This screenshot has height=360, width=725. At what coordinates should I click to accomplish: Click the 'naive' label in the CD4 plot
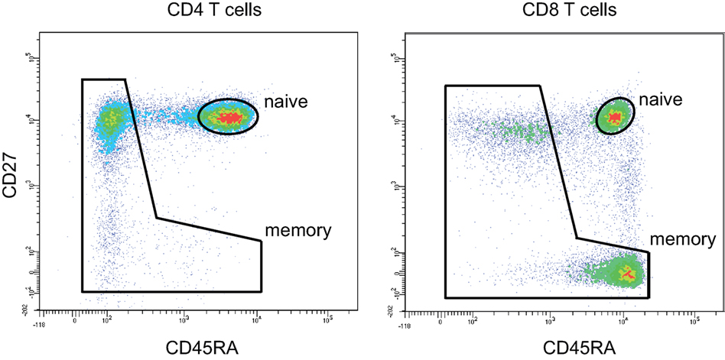point(285,101)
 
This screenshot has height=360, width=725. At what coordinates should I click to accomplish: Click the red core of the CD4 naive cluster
point(229,117)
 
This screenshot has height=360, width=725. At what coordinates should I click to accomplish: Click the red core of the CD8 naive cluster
point(613,116)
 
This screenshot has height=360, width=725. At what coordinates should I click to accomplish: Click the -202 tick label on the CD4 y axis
point(25,307)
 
